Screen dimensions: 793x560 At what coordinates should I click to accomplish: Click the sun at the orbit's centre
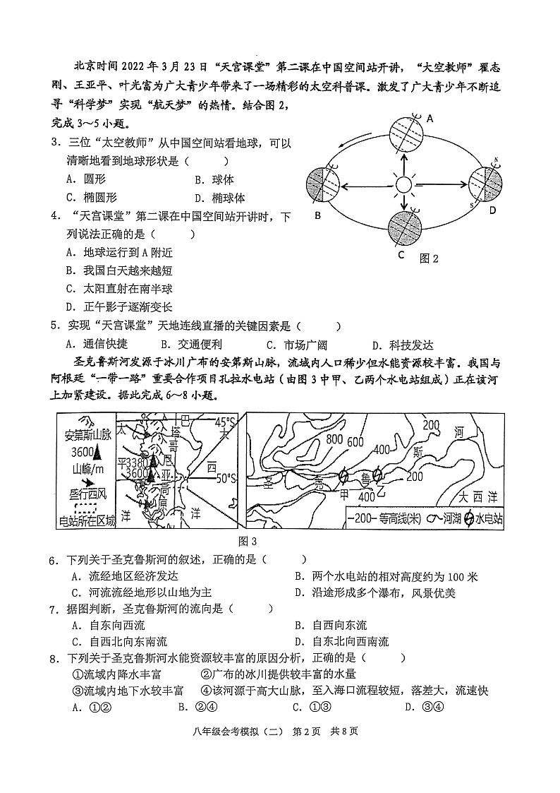[x=403, y=186]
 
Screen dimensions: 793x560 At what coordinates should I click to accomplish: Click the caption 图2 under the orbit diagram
[x=429, y=258]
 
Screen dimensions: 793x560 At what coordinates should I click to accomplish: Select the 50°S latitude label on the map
[x=226, y=479]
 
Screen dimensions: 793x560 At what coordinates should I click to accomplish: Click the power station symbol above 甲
[x=343, y=476]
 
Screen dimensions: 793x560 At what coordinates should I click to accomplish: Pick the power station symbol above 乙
[x=377, y=474]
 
